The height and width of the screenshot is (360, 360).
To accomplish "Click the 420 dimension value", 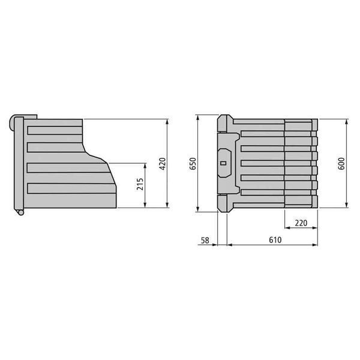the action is [163, 164].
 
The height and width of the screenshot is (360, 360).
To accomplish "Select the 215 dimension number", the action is [140, 184].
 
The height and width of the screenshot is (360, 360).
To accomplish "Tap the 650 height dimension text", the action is [193, 163].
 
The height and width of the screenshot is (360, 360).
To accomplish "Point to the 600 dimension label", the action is [341, 163].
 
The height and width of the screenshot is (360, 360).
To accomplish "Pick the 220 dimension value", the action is [301, 223].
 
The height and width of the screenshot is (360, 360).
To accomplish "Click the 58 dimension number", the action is [205, 240].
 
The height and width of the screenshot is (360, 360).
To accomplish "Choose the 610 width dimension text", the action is [275, 240].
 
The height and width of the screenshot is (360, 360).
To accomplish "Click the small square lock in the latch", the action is [223, 163].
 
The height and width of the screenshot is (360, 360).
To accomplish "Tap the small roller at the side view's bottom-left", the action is [20, 212].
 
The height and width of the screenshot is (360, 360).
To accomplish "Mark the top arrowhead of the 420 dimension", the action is [167, 122].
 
